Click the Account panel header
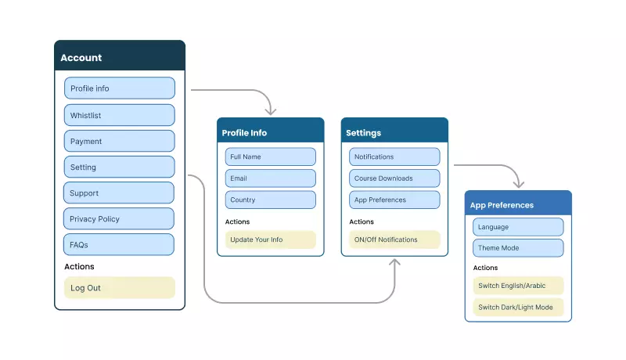click(x=119, y=57)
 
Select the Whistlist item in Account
click(x=119, y=115)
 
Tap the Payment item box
click(x=119, y=141)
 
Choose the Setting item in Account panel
click(x=119, y=167)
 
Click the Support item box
click(x=119, y=193)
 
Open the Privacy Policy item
click(x=119, y=218)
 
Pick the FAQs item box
click(x=119, y=244)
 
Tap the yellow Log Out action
click(x=119, y=287)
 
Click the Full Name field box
click(x=270, y=157)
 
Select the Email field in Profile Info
click(x=270, y=178)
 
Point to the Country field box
click(x=270, y=200)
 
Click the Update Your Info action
click(x=270, y=239)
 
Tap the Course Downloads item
click(x=394, y=178)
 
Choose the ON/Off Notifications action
click(x=394, y=239)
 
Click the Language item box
click(x=518, y=227)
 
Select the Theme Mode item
click(x=518, y=248)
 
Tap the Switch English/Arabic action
click(x=518, y=286)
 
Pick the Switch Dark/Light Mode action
click(x=518, y=307)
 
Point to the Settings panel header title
click(x=364, y=133)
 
